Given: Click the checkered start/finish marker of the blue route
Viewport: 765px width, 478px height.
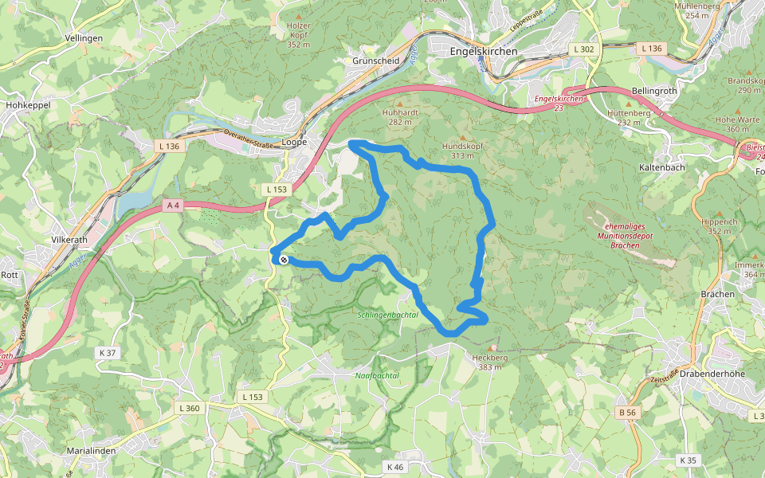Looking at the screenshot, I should tap(283, 260).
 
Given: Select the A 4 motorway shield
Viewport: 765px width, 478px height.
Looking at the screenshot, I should tap(174, 206).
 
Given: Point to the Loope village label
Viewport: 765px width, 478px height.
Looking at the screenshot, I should tap(294, 142).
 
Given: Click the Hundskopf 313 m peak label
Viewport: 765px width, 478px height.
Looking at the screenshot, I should tap(462, 151).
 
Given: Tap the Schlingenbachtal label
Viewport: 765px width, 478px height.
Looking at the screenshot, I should tap(388, 315).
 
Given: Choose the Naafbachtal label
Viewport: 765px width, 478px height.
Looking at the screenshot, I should tap(376, 375).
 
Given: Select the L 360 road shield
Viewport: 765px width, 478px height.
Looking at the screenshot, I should tap(190, 408).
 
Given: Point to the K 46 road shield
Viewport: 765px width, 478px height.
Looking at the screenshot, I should tap(394, 466).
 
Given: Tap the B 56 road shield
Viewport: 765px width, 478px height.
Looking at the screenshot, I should tap(628, 412).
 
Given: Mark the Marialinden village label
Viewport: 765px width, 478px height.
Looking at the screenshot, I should tap(92, 450).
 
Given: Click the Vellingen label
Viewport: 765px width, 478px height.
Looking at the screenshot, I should tap(84, 38).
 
